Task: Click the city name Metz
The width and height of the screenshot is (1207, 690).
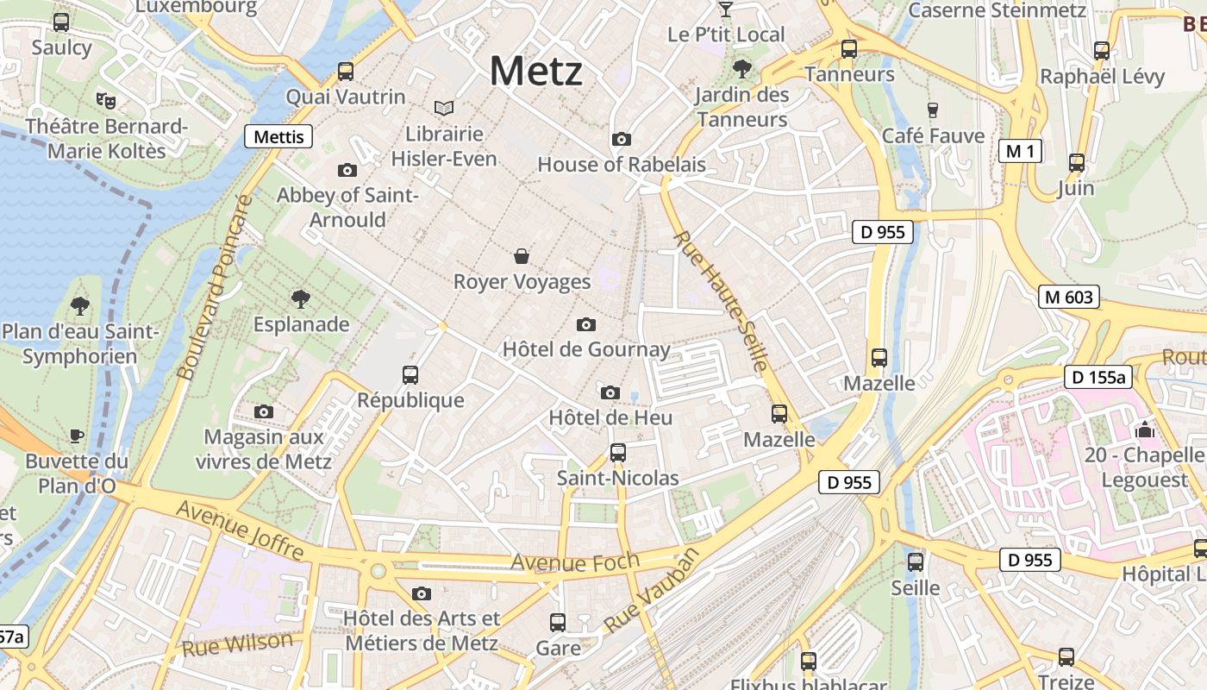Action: (x=536, y=71)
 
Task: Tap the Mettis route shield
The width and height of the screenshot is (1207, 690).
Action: (x=279, y=136)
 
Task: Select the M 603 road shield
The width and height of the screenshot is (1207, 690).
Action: (x=1068, y=298)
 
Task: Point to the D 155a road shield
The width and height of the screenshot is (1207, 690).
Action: (x=1098, y=377)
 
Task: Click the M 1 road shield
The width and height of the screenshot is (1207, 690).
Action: (x=1020, y=152)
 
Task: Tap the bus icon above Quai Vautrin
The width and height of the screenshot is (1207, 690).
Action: (x=346, y=72)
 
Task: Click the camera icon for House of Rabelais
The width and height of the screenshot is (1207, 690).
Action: (x=621, y=139)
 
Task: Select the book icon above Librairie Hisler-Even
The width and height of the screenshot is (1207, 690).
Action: (x=444, y=108)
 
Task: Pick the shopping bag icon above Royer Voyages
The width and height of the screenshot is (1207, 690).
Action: (x=522, y=256)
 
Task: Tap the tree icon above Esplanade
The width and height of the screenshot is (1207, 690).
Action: (x=301, y=299)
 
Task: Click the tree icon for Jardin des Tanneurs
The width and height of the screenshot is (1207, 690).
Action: (x=741, y=69)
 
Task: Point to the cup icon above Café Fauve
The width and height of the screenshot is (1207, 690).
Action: (x=932, y=110)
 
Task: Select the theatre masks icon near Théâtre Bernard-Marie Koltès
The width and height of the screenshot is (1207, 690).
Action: (x=106, y=100)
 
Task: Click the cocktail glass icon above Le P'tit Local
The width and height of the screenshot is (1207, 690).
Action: (x=726, y=9)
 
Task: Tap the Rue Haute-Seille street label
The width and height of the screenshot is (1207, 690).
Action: (x=720, y=301)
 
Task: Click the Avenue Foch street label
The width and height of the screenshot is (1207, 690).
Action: (x=575, y=561)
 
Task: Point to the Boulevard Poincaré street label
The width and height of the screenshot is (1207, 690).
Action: (x=212, y=287)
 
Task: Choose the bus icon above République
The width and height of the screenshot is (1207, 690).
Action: (x=410, y=375)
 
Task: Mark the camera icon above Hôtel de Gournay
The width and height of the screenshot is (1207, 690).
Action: (x=586, y=324)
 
